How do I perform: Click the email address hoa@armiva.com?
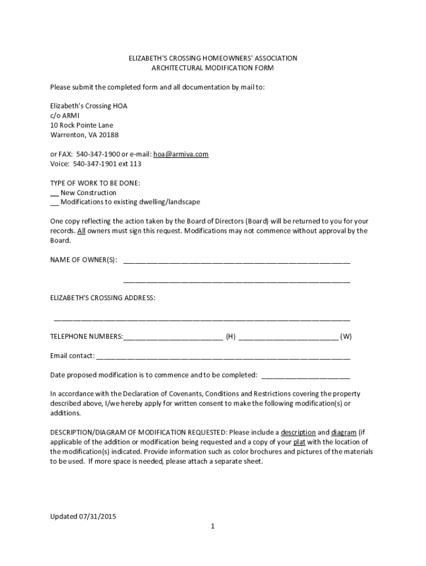coord(181,154)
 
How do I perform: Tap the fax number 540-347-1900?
coord(97,154)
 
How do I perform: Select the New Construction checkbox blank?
coord(54,193)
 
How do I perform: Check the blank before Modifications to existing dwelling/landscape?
coord(54,202)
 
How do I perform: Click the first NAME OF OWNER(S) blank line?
coord(236,261)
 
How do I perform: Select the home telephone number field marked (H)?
coord(173,337)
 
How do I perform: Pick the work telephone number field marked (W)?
coord(288,337)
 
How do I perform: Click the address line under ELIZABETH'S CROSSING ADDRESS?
coord(201,319)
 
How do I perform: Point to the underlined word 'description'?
coord(298,432)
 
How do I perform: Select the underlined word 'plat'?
coord(299,442)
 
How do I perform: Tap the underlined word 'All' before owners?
coord(81,231)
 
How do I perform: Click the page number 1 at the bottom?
coord(212,526)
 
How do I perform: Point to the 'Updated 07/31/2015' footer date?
coord(84,516)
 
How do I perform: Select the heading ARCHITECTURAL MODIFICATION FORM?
coord(212,68)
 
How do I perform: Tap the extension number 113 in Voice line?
coord(136,164)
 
